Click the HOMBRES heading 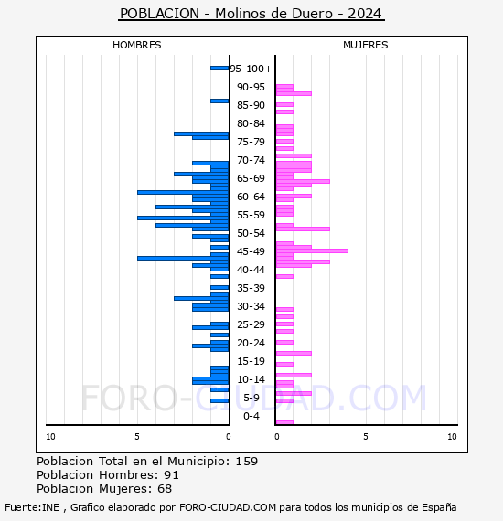[136, 45]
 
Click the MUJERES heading [366, 45]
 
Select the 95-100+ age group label [251, 69]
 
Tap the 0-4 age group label [251, 416]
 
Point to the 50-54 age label [251, 233]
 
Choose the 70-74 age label [251, 160]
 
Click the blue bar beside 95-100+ [219, 69]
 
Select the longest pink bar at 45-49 [312, 250]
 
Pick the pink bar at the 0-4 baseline [284, 422]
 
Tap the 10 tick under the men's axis [50, 437]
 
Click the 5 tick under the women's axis [366, 437]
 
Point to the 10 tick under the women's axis [452, 437]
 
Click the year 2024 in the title [364, 14]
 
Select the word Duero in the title [312, 14]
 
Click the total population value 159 [246, 462]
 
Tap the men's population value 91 [171, 475]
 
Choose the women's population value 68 [165, 489]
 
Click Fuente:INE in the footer [32, 507]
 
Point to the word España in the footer [439, 507]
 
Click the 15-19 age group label [251, 361]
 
